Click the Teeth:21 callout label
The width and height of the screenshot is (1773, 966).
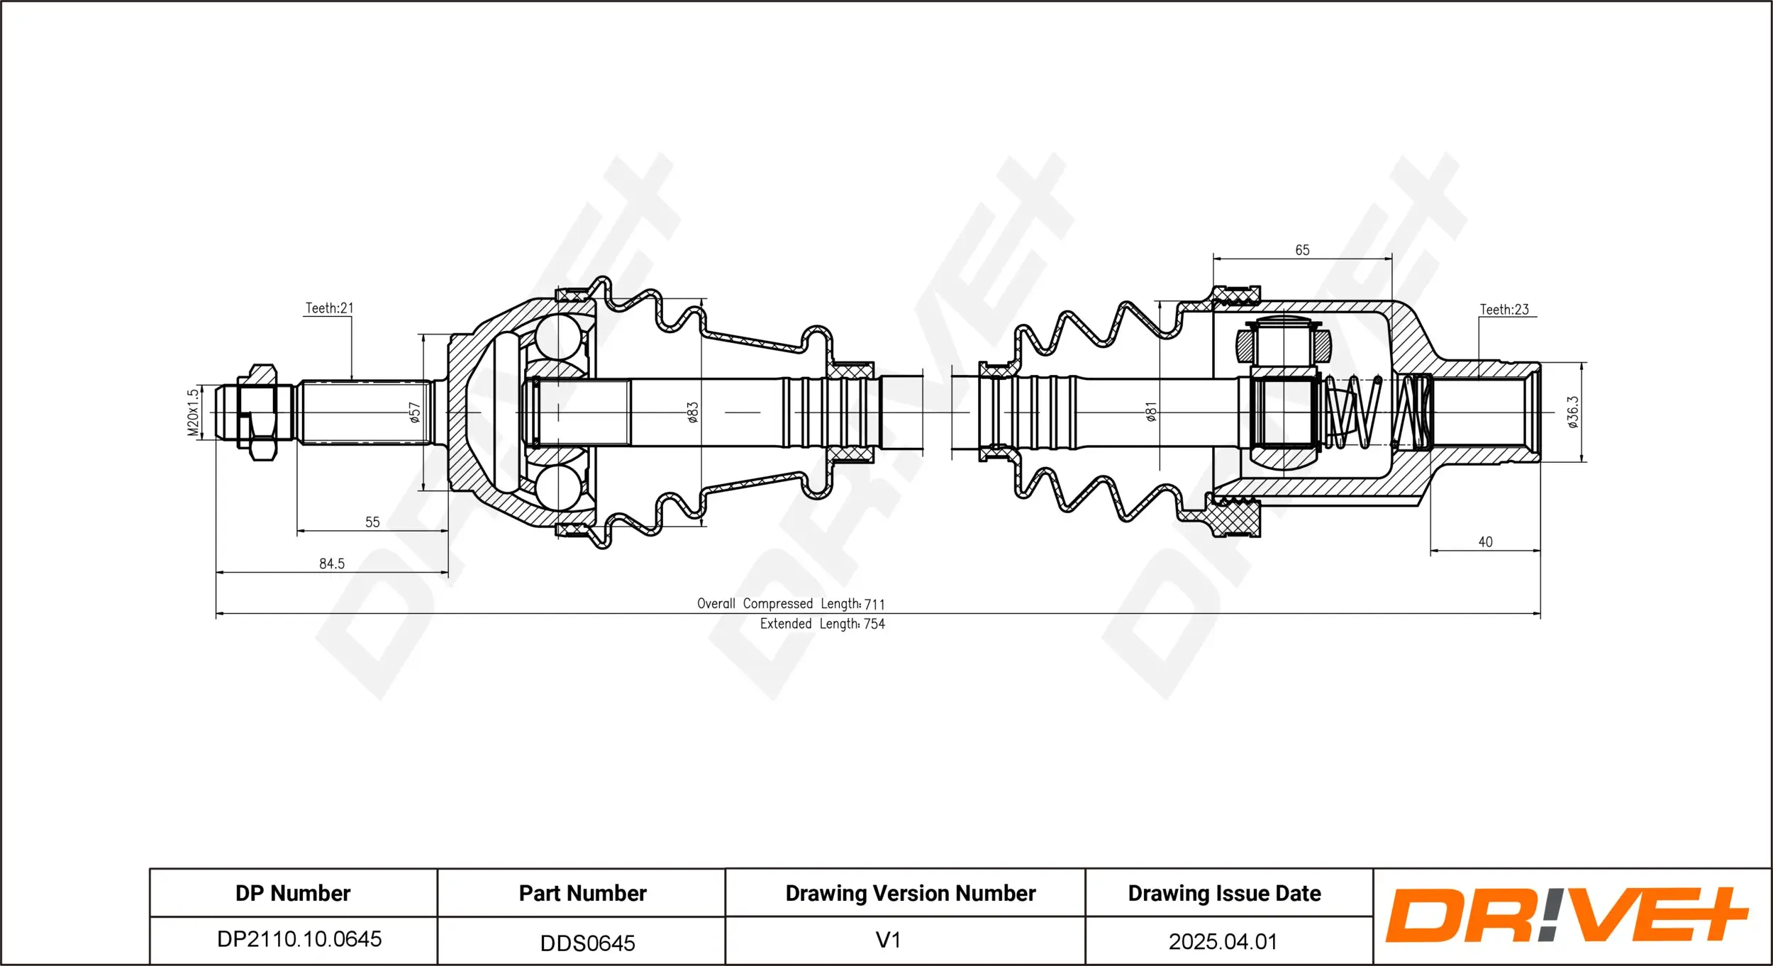[329, 308]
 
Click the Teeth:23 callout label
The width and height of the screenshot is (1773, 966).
[1504, 310]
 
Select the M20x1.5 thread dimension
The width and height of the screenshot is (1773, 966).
[193, 412]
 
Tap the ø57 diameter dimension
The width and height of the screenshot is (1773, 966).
[415, 412]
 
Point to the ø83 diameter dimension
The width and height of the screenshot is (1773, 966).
[693, 412]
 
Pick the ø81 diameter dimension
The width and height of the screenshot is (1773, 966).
[1151, 412]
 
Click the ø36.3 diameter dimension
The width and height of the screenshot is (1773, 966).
[1573, 412]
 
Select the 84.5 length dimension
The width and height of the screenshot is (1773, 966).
[332, 563]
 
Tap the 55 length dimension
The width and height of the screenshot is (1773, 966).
[372, 522]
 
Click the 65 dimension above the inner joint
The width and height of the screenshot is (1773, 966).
[1302, 250]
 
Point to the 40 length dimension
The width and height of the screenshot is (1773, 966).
[1485, 542]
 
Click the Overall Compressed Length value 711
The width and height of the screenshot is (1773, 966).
[874, 605]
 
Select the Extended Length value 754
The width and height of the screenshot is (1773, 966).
[874, 624]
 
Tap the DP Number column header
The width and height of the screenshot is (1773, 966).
[293, 893]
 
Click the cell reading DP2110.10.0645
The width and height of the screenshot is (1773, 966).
[299, 939]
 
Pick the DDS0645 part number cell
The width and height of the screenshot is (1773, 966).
[587, 943]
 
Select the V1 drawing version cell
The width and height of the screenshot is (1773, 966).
[888, 940]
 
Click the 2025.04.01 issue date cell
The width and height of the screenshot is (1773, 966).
[1223, 941]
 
